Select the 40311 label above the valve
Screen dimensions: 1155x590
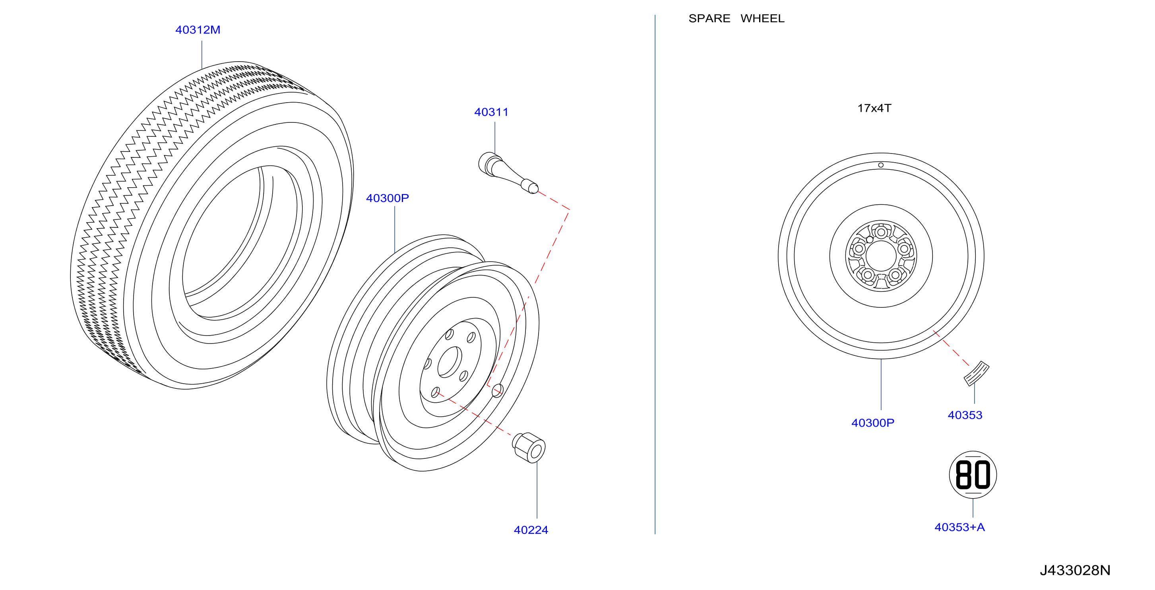click(491, 112)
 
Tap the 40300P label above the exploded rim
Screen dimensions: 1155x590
click(388, 198)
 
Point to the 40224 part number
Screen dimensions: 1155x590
click(531, 530)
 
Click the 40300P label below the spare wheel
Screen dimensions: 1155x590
click(872, 423)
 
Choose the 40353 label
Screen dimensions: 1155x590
click(965, 415)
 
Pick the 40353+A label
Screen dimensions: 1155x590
click(959, 527)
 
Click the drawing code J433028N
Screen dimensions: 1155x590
click(1075, 570)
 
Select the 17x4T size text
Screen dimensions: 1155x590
click(874, 108)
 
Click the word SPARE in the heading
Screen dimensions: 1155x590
click(709, 18)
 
